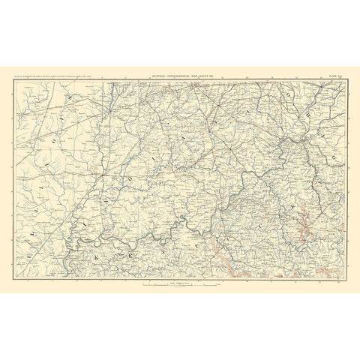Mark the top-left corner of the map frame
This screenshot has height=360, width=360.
13,79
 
